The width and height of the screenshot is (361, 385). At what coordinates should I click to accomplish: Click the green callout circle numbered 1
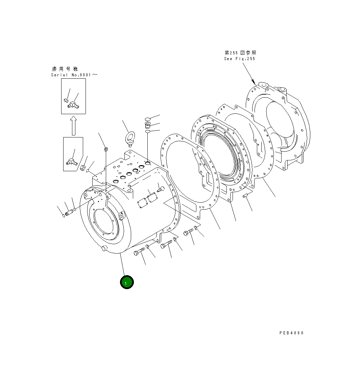click(127, 282)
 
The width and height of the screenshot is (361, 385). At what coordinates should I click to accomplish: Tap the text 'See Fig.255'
click(239, 59)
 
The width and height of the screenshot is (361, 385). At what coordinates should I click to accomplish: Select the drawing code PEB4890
click(291, 333)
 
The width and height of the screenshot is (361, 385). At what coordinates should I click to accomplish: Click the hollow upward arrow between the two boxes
click(73, 126)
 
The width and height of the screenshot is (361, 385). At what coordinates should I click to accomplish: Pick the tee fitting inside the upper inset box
click(73, 106)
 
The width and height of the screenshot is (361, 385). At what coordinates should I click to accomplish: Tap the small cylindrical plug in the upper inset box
click(66, 100)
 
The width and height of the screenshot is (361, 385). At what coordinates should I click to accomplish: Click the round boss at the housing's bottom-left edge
click(104, 249)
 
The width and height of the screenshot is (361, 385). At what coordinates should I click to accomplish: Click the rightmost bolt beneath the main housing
click(188, 232)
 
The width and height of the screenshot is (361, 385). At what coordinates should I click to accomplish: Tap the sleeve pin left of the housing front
click(69, 213)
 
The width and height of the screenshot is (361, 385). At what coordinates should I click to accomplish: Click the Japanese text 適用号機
click(64, 69)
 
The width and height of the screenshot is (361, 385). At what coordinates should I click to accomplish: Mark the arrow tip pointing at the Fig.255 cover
click(254, 83)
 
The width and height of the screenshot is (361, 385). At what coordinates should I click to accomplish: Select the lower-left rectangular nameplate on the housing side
click(141, 203)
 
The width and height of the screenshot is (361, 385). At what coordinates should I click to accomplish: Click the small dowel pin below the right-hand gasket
click(246, 196)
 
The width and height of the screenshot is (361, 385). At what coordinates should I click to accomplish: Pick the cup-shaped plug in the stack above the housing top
click(148, 125)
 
